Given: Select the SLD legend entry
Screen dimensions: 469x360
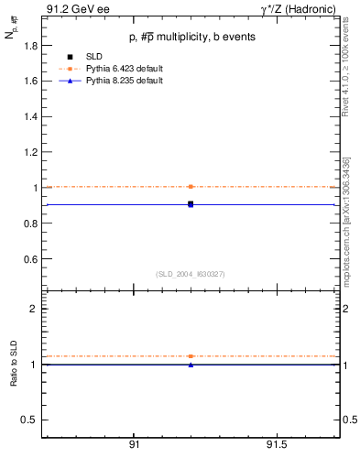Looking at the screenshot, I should click(x=100, y=57).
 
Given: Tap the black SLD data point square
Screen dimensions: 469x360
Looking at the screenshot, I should click(x=191, y=204).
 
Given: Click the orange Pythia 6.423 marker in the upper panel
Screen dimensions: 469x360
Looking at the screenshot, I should click(x=191, y=187).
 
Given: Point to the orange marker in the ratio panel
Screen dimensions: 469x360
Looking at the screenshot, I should click(x=191, y=355).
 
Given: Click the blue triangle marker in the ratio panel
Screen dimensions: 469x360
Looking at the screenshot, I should click(x=191, y=365).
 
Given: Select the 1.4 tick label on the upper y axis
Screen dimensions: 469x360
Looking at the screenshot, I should click(x=29, y=116).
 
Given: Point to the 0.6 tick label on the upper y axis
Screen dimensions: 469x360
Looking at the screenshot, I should click(x=29, y=259).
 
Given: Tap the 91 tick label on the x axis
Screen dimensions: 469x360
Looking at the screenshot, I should click(x=134, y=444).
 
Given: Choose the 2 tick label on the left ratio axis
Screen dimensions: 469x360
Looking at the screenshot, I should click(x=33, y=309).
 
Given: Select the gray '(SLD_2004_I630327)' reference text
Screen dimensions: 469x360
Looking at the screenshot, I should click(x=190, y=274).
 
